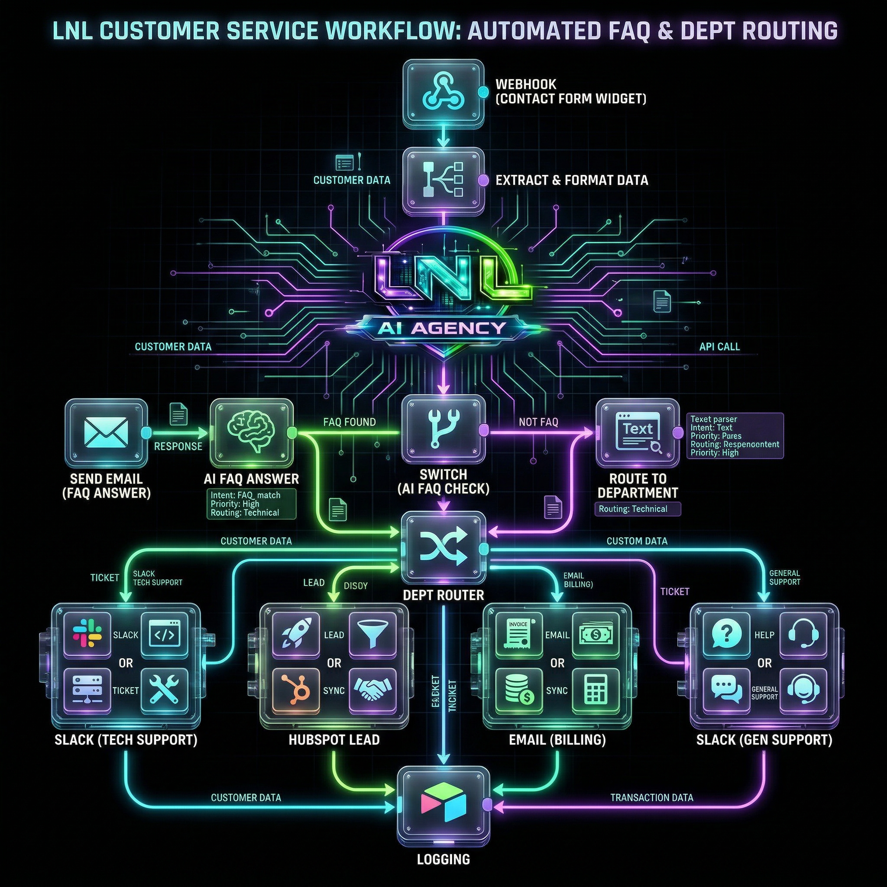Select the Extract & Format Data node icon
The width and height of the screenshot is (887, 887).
click(443, 180)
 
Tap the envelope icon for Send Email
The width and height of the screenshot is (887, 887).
click(107, 432)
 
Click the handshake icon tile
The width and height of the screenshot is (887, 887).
click(372, 690)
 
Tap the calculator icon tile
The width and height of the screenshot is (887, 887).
click(596, 690)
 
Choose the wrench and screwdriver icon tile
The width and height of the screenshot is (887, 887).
click(164, 690)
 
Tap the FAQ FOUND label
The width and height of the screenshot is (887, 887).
click(350, 422)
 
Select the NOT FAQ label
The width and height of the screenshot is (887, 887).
click(538, 422)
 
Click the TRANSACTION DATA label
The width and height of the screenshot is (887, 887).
click(651, 797)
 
